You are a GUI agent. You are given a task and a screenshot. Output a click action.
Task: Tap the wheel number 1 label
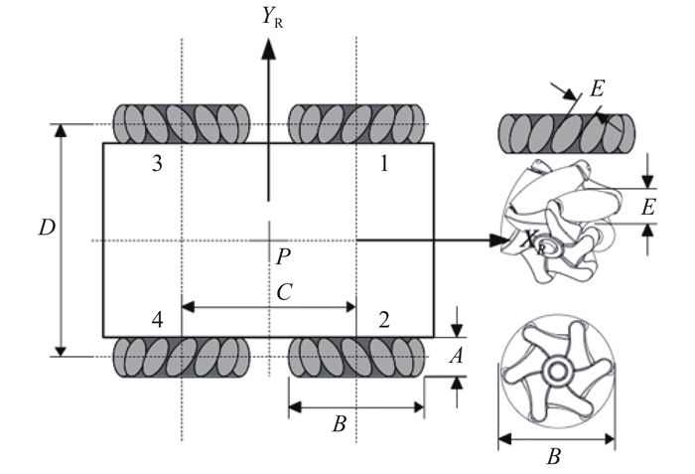[383, 165]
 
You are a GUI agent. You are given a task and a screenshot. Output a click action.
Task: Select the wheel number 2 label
[383, 320]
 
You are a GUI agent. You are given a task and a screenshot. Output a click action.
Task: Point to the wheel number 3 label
[157, 165]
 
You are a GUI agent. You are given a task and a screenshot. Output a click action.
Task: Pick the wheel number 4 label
[157, 320]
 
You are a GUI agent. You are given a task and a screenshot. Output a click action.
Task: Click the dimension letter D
[44, 229]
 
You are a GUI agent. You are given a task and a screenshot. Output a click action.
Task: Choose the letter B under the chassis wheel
[339, 424]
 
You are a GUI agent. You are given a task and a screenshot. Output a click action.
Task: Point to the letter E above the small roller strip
[597, 88]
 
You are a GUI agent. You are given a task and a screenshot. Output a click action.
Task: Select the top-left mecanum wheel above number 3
[183, 124]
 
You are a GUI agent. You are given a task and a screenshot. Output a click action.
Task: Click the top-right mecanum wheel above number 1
[356, 124]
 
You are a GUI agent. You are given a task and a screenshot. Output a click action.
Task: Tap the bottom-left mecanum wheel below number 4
[183, 357]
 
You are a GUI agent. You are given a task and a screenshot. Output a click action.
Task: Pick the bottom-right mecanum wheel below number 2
[356, 357]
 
